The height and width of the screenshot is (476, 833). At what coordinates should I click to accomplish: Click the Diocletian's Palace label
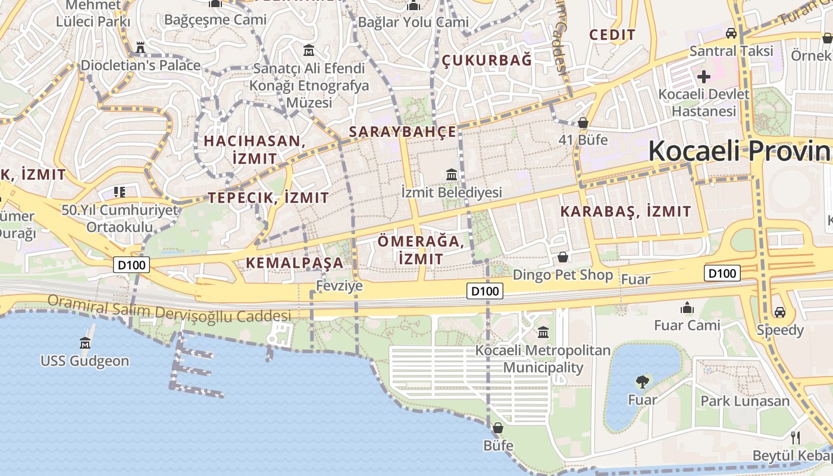pos(141,65)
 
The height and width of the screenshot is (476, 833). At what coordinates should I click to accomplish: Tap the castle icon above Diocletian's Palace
pos(141,47)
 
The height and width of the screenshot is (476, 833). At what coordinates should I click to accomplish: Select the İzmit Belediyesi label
pos(452,192)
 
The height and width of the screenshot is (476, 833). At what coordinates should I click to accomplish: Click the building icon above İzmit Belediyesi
pos(452,175)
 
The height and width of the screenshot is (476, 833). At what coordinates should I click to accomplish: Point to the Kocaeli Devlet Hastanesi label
pos(704,102)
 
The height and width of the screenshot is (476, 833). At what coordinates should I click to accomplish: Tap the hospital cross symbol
pos(704,76)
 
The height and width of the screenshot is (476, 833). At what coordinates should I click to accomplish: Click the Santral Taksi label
pos(731,51)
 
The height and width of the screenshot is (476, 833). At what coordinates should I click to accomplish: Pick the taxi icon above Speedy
pos(779,312)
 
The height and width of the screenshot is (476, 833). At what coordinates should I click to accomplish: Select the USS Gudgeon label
pos(84,361)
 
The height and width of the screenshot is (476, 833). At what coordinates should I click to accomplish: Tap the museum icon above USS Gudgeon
pos(84,343)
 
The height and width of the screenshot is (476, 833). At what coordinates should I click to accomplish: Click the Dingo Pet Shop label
pos(562,275)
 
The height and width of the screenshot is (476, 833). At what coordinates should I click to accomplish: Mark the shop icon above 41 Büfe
pos(583,123)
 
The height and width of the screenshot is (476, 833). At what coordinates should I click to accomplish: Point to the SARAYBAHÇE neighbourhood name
pos(403,131)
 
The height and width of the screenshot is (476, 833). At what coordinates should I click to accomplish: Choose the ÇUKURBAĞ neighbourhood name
pos(487,59)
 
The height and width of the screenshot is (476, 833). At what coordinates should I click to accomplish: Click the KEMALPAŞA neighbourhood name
pos(295,262)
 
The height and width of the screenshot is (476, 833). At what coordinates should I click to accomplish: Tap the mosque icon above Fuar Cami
pos(687,308)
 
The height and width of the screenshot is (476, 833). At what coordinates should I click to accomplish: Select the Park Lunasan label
pos(745,400)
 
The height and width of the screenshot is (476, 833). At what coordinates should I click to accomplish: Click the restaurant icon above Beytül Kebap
pos(796,438)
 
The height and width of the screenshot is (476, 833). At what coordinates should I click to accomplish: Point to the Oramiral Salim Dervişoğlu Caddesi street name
pos(170,309)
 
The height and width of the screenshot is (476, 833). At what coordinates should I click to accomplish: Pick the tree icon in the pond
pos(642,381)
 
